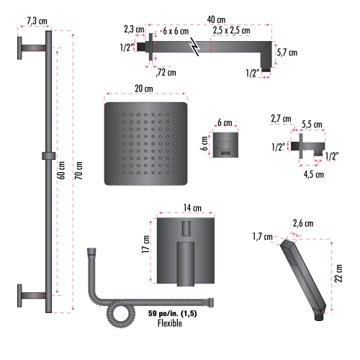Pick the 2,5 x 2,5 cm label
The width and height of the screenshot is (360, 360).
[x=231, y=32]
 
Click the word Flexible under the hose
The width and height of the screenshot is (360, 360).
[x=169, y=323]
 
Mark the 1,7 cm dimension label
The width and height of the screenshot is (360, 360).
[x=262, y=236]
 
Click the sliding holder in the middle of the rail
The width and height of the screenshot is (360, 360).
[x=48, y=156]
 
